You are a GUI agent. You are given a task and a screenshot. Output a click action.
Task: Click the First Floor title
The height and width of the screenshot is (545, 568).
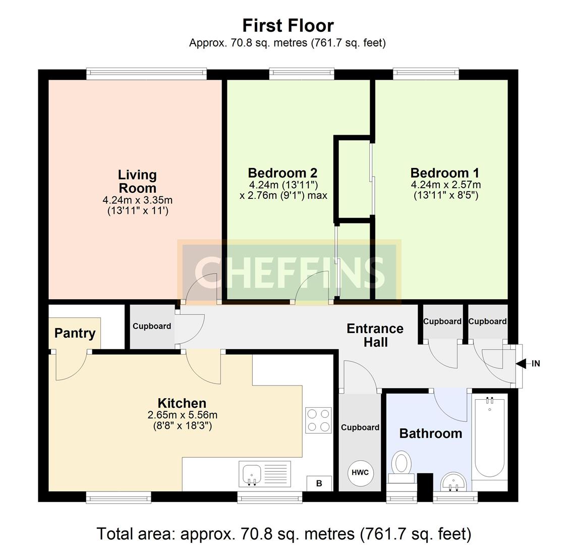288,25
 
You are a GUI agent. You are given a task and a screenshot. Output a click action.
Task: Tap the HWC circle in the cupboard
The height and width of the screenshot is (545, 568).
360,473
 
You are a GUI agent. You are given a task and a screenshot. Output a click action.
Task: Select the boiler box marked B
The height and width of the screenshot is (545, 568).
319,483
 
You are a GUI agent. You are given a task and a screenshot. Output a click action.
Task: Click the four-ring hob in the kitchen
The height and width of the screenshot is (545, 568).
318,420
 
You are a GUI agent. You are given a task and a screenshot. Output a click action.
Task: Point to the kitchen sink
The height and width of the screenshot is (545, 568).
251,474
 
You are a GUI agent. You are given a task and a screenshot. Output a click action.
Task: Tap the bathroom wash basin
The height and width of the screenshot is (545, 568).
453,481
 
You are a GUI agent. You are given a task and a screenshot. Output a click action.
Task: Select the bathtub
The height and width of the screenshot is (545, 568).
489,438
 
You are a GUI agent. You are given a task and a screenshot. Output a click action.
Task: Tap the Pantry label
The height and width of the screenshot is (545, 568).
75,333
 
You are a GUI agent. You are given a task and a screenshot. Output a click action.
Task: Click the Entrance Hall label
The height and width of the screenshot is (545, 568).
375,335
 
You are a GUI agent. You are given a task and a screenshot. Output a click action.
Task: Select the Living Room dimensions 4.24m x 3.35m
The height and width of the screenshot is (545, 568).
137,200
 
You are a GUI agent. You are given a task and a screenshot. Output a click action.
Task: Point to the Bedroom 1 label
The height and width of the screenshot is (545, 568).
445,173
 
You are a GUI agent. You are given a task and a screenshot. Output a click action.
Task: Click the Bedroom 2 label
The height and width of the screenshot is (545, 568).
282,173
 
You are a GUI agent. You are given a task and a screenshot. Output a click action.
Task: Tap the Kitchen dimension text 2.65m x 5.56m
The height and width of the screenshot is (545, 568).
182,415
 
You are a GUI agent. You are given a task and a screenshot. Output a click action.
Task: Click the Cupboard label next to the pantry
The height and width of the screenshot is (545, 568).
151,326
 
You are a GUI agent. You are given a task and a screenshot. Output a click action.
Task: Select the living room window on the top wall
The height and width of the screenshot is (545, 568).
146,74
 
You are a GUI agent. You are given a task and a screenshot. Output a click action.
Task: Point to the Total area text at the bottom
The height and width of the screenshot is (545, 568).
283,533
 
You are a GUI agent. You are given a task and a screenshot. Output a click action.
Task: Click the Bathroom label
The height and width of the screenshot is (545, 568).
430,433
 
